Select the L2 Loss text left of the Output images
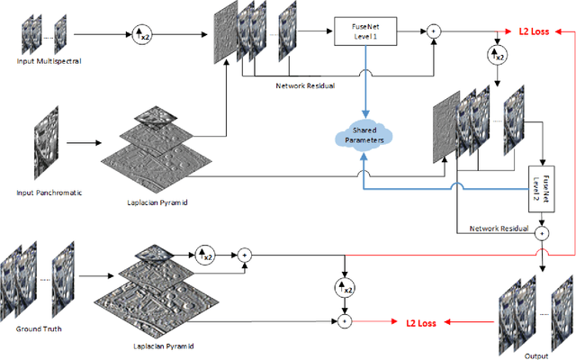420,320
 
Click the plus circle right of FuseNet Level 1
435,31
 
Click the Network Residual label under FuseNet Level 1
306,87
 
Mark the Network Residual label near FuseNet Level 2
499,229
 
